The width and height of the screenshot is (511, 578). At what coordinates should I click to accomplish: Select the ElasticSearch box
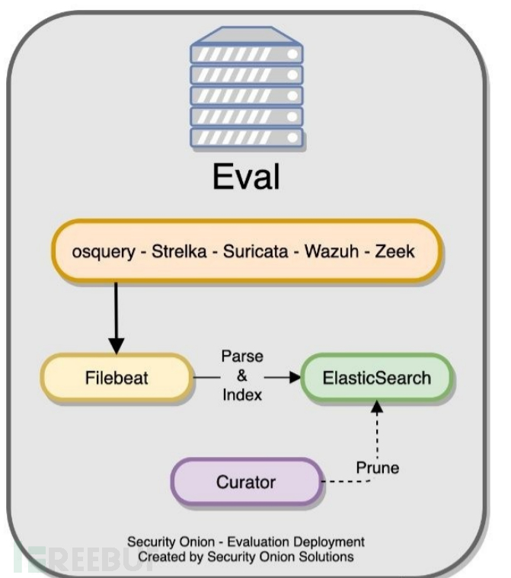376,378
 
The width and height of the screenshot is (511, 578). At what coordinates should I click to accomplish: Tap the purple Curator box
245,481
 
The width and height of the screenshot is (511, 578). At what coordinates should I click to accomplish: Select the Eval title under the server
246,177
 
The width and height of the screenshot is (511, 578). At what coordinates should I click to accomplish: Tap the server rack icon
246,88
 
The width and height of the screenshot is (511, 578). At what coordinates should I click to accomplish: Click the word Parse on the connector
241,356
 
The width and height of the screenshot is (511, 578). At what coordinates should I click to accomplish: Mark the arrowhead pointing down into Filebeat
117,347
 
